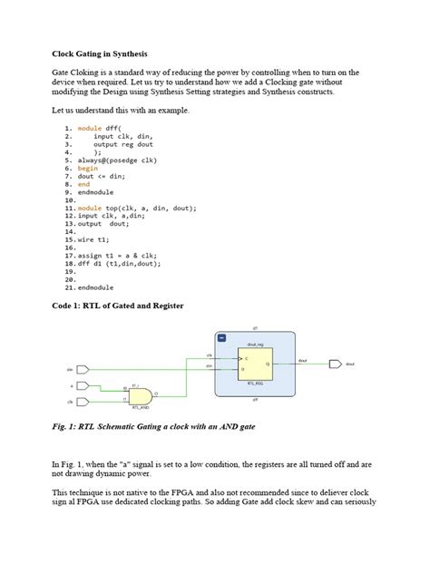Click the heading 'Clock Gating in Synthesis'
click(97, 55)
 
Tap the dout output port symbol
click(335, 364)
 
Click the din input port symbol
click(83, 370)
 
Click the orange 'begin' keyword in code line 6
click(87, 168)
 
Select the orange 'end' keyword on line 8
click(83, 184)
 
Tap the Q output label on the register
click(267, 364)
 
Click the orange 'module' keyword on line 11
click(90, 208)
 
